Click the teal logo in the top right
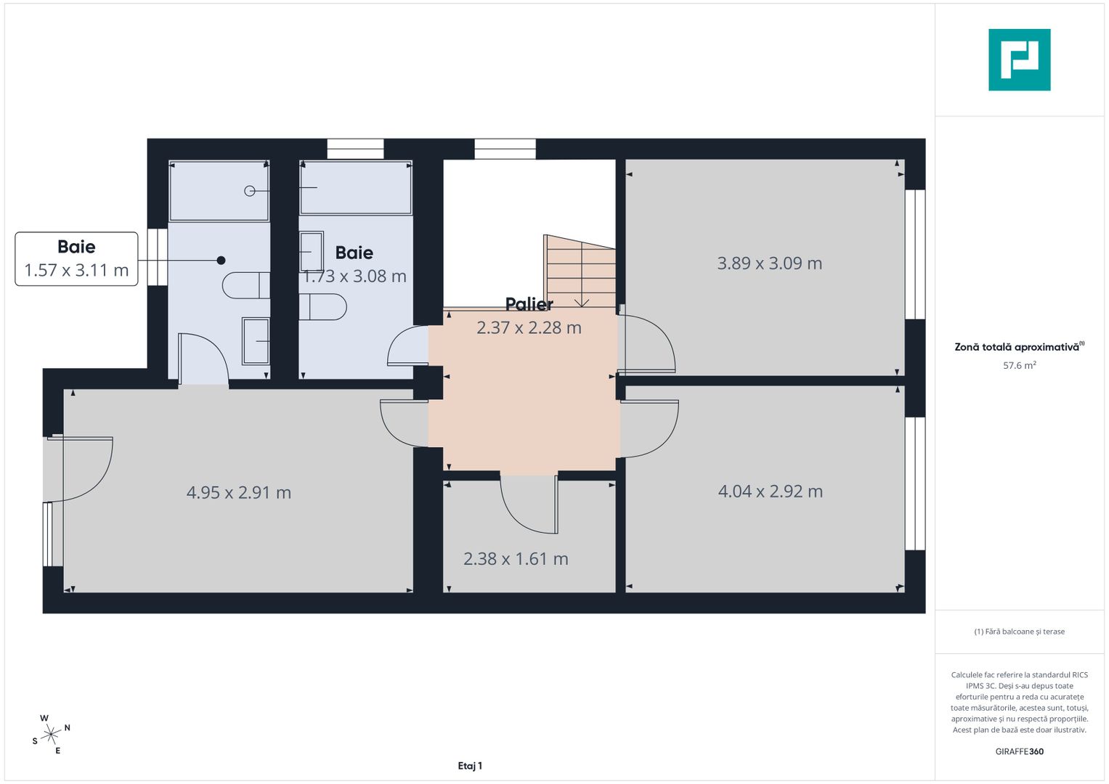[x=1019, y=60]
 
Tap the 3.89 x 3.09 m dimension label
[x=769, y=264]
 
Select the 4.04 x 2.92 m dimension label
[x=770, y=491]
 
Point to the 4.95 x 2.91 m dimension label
[x=238, y=493]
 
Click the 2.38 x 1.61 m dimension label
[x=516, y=559]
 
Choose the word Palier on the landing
[x=529, y=304]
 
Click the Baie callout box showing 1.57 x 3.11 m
[x=76, y=259]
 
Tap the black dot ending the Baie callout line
[x=221, y=261]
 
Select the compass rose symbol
[x=51, y=735]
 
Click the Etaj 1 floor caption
[x=470, y=766]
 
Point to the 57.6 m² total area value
[x=1019, y=365]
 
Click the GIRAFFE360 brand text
[x=1019, y=751]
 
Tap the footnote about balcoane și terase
[x=1019, y=632]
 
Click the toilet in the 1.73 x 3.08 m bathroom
[x=323, y=307]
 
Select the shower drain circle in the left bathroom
[x=250, y=191]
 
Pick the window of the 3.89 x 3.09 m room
[x=915, y=254]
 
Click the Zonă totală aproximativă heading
[x=1018, y=347]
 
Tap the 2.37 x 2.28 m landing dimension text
[x=529, y=328]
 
